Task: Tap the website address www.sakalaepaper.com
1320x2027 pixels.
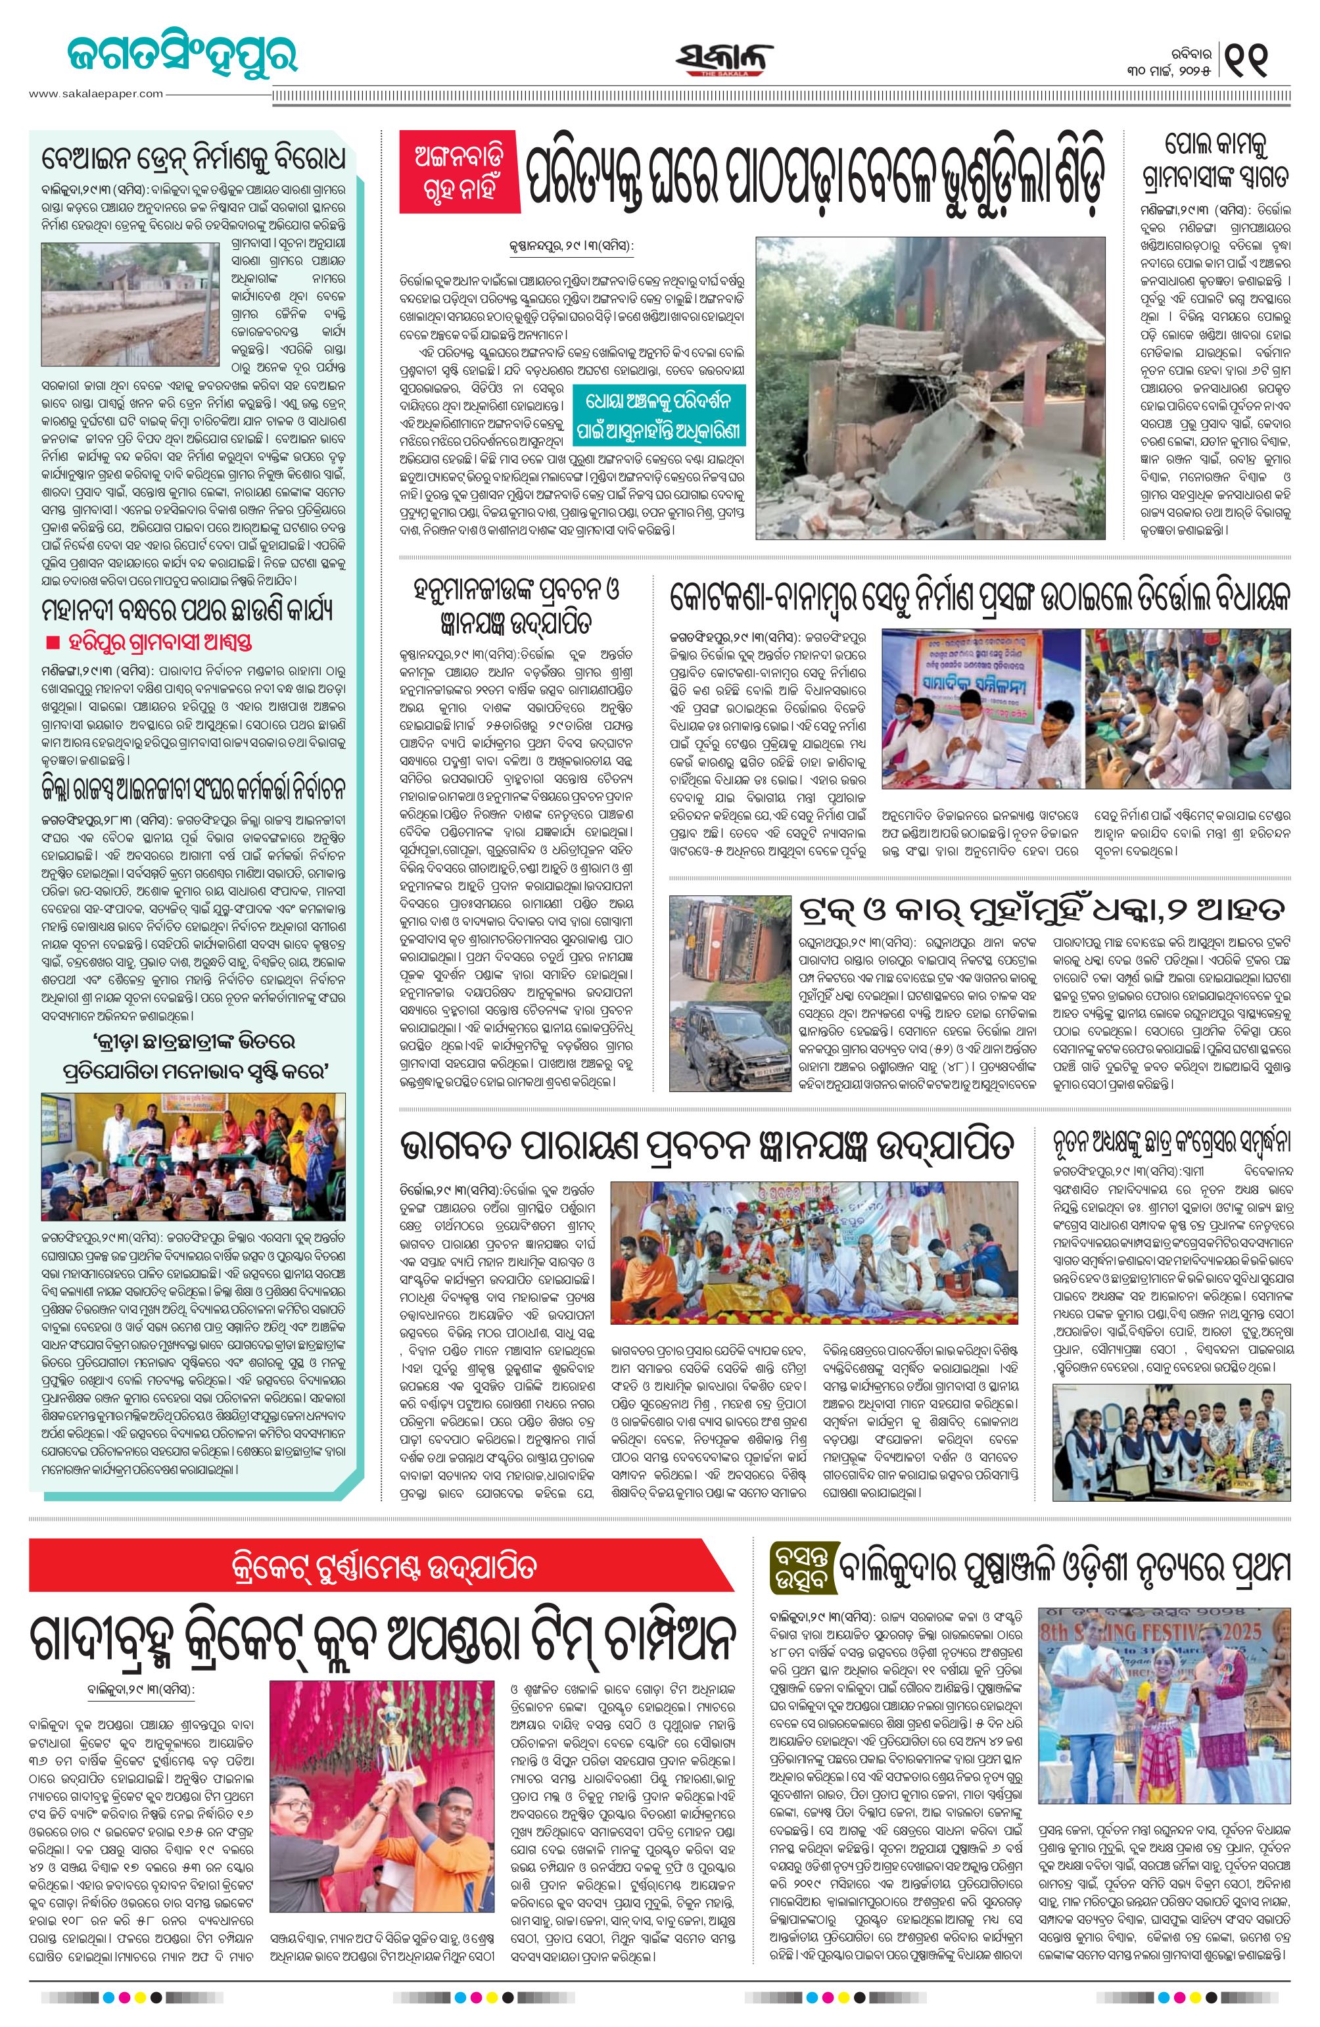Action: [95, 93]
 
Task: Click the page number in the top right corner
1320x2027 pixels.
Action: [1249, 59]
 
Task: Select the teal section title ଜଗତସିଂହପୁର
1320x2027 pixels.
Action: [182, 55]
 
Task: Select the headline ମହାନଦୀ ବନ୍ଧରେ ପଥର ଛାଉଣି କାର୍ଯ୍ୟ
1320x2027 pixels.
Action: [187, 609]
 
